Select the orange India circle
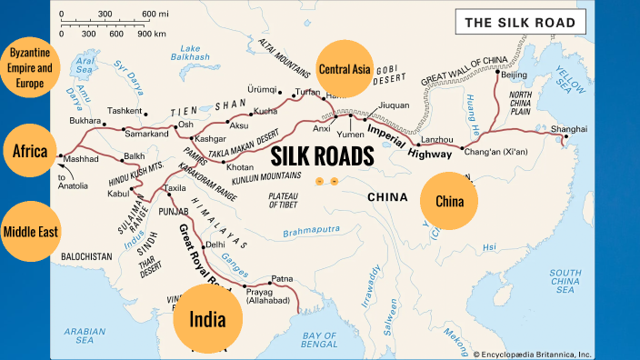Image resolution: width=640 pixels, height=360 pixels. pyautogui.click(x=207, y=318)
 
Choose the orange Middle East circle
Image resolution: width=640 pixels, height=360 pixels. pyautogui.click(x=30, y=231)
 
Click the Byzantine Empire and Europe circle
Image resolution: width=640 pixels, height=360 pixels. pyautogui.click(x=30, y=68)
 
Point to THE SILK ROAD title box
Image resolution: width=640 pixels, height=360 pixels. pyautogui.click(x=520, y=22)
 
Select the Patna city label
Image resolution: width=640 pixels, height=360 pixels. pyautogui.click(x=284, y=280)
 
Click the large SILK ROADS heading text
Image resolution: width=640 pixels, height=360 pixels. pyautogui.click(x=322, y=155)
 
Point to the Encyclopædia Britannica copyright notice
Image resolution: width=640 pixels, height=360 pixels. pyautogui.click(x=536, y=354)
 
